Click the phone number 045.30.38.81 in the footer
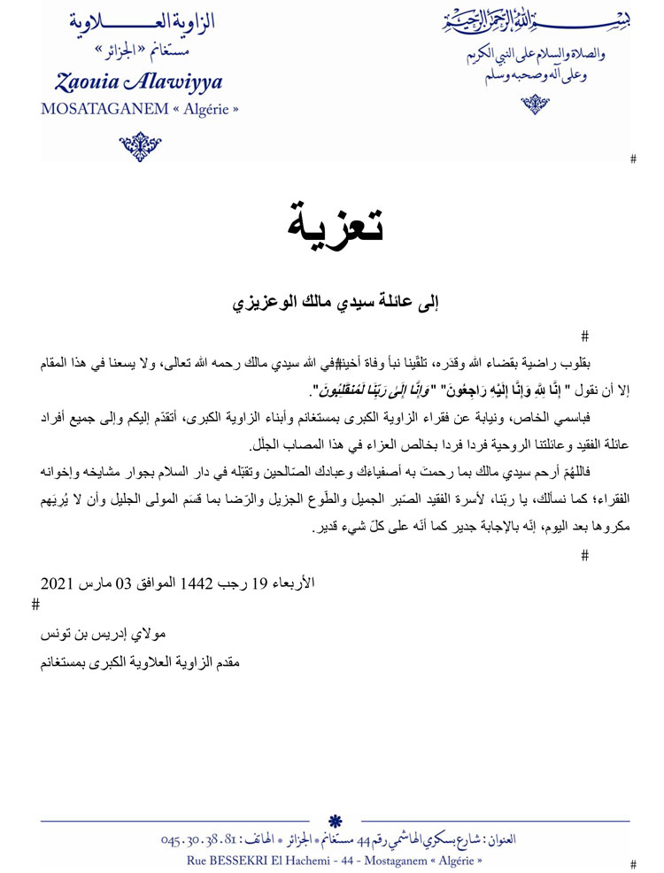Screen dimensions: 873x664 point(201,838)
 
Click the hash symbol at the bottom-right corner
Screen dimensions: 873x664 point(632,863)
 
